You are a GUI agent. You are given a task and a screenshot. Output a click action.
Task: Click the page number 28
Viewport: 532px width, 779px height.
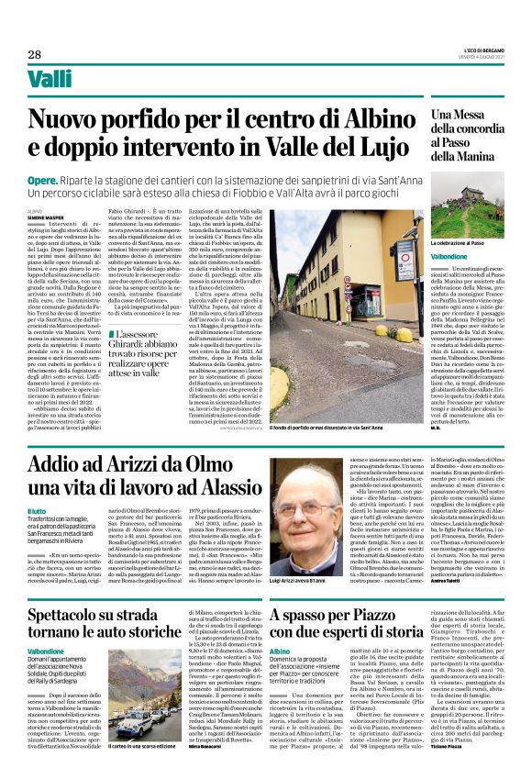point(34,54)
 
